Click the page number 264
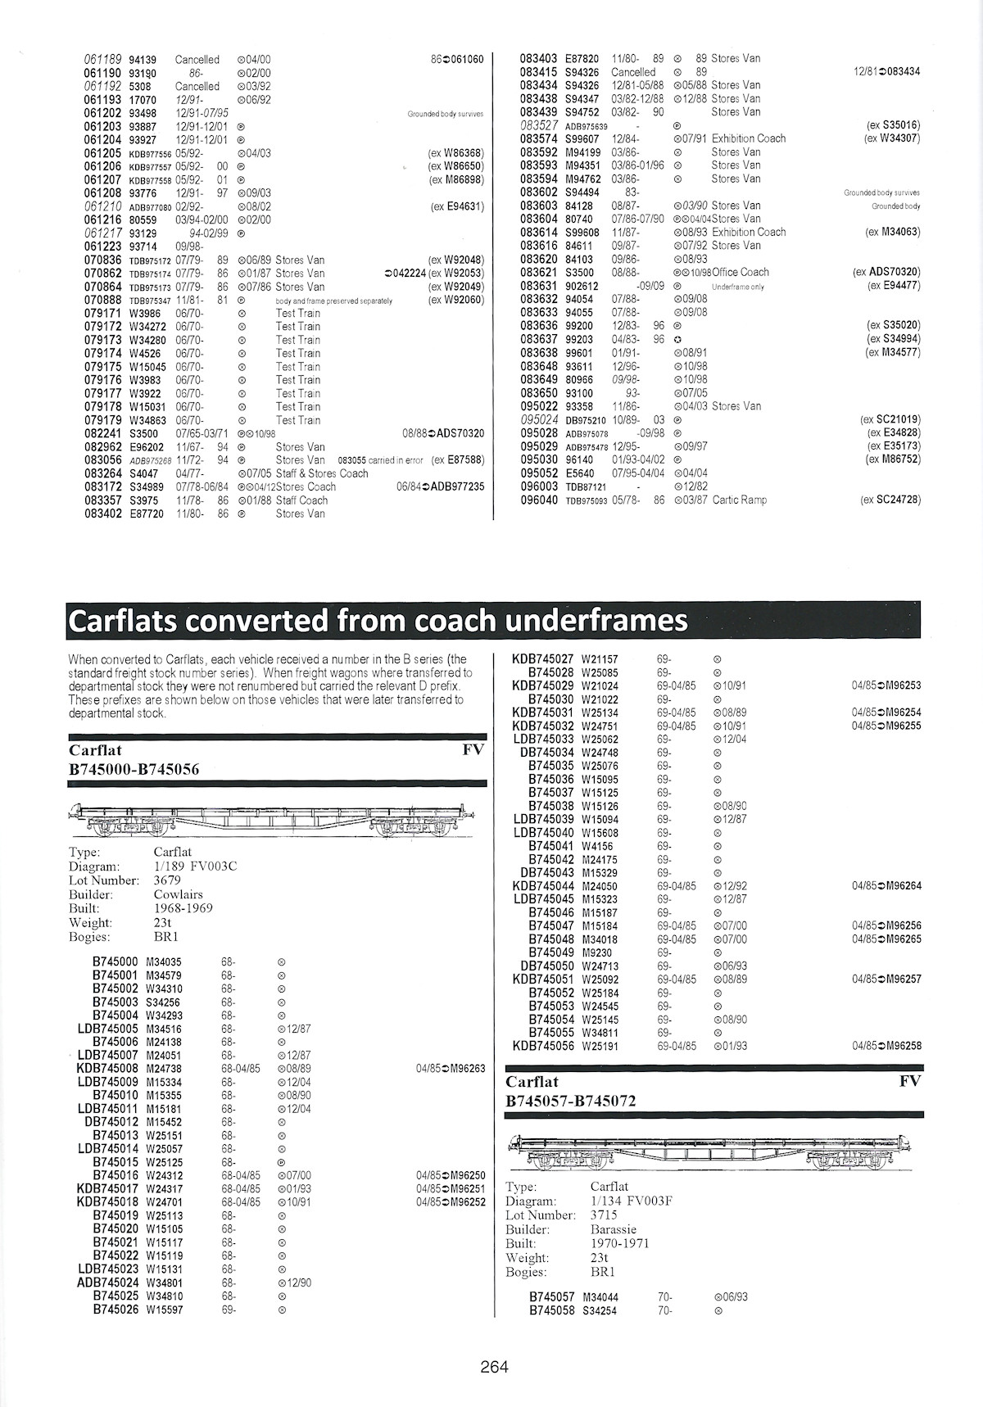tap(495, 1366)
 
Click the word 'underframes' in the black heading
tap(596, 621)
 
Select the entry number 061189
tap(102, 60)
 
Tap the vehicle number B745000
tap(116, 961)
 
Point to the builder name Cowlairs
tap(179, 894)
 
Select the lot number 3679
tap(167, 880)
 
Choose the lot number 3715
tap(604, 1215)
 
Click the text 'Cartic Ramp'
tap(740, 500)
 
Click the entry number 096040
tap(539, 500)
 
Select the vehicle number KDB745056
tap(543, 1046)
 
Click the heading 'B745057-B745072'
tap(571, 1101)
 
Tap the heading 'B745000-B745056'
tap(134, 769)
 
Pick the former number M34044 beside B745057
tap(600, 1297)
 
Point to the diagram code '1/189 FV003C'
tap(196, 866)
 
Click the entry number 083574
tap(539, 138)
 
